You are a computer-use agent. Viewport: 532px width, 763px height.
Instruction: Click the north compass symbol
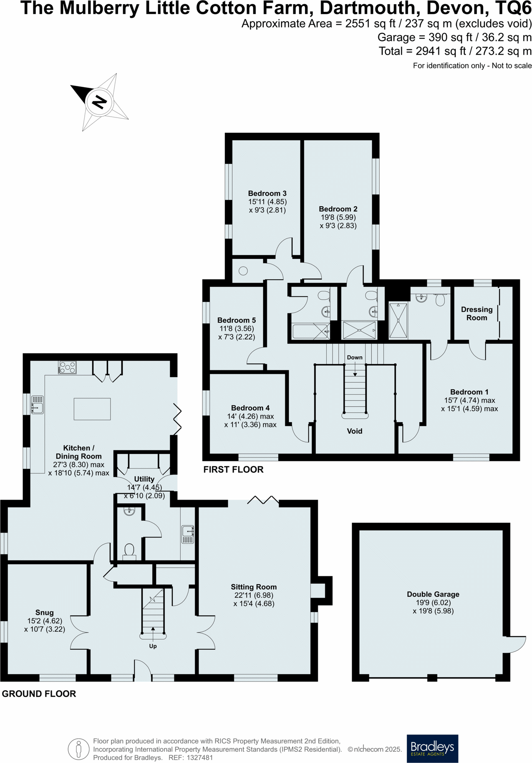pos(99,102)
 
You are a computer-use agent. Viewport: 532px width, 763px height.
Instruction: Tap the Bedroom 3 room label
pos(267,193)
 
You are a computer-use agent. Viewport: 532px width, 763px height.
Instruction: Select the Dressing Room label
pos(477,313)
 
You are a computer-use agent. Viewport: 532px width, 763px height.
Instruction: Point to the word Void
pos(355,431)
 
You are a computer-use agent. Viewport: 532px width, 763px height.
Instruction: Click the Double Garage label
pos(433,594)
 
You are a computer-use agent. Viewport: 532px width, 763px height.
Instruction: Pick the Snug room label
pos(44,613)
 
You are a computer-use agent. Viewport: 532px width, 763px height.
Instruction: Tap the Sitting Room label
pos(254,587)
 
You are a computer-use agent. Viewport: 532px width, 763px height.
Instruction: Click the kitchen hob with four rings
pos(67,367)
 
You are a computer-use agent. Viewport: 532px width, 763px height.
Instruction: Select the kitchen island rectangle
pos(92,409)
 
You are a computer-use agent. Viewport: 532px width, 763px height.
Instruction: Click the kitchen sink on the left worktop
pos(37,405)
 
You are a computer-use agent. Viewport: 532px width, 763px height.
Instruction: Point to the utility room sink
pos(187,534)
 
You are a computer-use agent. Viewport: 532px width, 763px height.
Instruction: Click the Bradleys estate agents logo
pos(432,748)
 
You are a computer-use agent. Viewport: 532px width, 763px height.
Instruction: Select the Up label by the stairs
pos(153,646)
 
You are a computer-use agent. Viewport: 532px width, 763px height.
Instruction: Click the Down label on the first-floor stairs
pos(355,357)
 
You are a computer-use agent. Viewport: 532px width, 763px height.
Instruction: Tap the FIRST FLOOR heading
pos(233,470)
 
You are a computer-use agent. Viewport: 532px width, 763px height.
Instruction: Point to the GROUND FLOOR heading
pos(39,694)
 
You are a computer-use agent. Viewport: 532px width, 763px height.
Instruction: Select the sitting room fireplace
pos(321,590)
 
